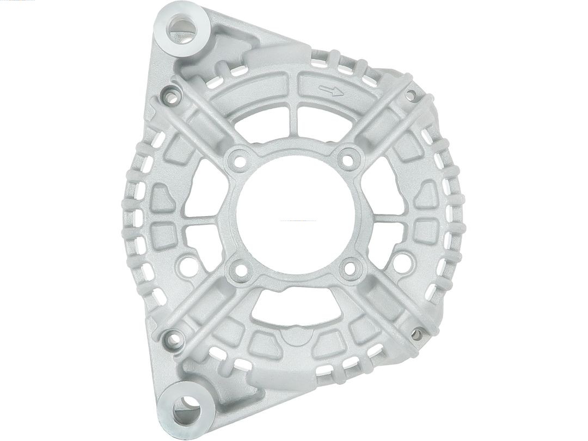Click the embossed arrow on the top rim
pos(332,90)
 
